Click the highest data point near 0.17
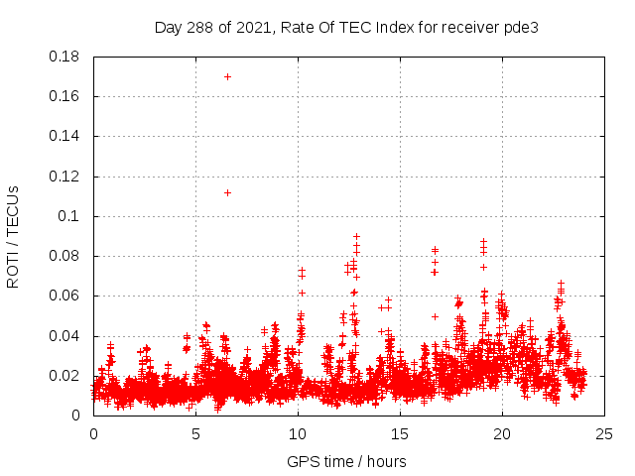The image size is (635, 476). pyautogui.click(x=227, y=76)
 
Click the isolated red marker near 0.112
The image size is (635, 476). pyautogui.click(x=227, y=192)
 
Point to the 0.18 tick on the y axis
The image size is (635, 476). pyautogui.click(x=66, y=57)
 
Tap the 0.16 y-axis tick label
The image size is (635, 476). pyautogui.click(x=66, y=96)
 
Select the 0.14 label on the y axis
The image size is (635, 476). pyautogui.click(x=66, y=136)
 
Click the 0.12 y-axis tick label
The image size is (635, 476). pyautogui.click(x=66, y=177)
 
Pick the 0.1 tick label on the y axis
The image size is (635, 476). pyautogui.click(x=70, y=216)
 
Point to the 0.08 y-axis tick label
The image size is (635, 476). pyautogui.click(x=66, y=256)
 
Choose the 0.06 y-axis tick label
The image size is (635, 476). pyautogui.click(x=66, y=296)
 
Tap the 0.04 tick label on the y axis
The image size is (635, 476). pyautogui.click(x=66, y=336)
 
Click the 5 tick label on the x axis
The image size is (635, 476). pyautogui.click(x=195, y=434)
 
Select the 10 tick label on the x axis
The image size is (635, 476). pyautogui.click(x=298, y=434)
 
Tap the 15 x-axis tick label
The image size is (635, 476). pyautogui.click(x=400, y=434)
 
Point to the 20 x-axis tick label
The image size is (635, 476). pyautogui.click(x=502, y=434)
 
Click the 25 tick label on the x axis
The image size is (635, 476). pyautogui.click(x=604, y=434)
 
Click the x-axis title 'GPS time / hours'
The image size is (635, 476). pyautogui.click(x=346, y=461)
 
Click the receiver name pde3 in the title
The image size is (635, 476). pyautogui.click(x=522, y=27)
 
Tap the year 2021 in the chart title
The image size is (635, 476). pyautogui.click(x=252, y=27)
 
